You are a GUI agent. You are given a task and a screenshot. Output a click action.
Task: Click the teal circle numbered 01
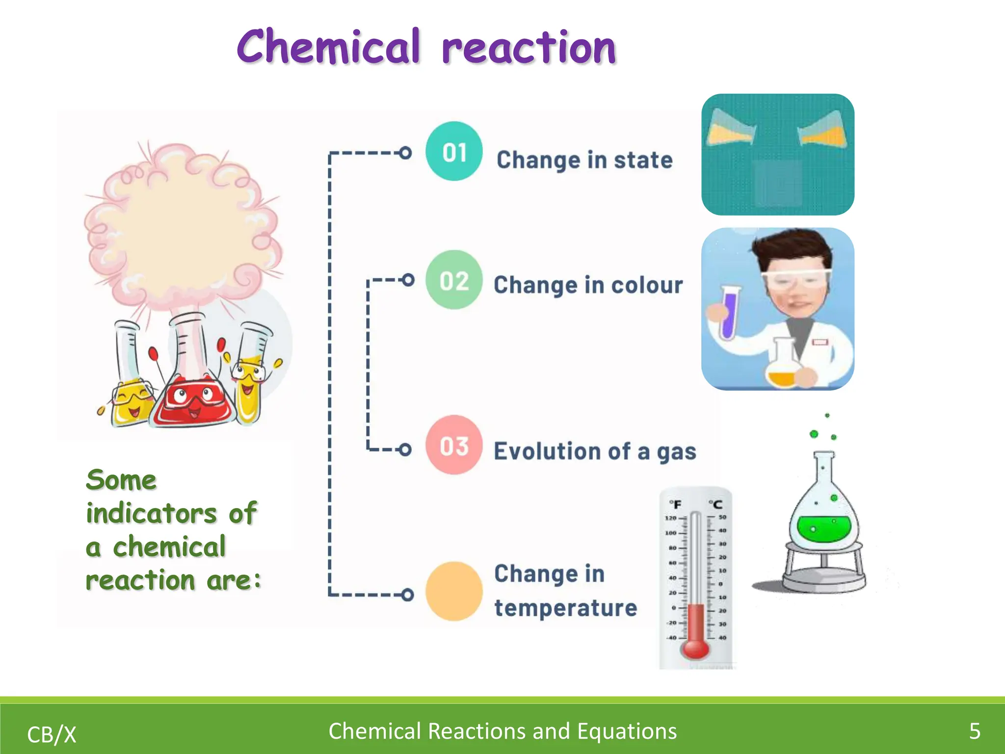454,151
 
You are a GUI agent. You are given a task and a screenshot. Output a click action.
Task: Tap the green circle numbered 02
454,280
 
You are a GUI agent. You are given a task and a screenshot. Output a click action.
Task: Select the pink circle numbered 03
454,445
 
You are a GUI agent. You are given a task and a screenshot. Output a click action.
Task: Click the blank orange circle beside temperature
454,591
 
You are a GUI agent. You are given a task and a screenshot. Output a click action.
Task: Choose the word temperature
565,608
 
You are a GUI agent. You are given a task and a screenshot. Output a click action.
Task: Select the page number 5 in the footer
975,731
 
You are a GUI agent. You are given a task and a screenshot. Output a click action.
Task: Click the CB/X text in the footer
52,735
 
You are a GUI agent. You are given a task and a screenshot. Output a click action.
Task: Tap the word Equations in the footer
627,731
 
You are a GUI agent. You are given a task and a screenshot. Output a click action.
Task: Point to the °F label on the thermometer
675,504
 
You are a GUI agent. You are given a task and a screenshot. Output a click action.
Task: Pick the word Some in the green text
121,480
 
